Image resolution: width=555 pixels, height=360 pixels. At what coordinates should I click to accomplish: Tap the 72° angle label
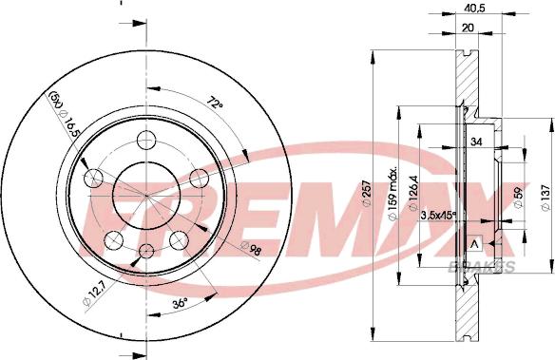coord(217,101)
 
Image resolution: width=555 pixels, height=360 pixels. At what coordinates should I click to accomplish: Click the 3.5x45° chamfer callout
coord(437,216)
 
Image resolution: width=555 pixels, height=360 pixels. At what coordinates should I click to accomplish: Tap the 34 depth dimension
coord(478,142)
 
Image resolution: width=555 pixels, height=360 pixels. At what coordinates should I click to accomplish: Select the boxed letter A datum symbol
coord(476,244)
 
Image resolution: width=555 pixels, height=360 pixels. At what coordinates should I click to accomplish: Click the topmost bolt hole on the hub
coord(145,141)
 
